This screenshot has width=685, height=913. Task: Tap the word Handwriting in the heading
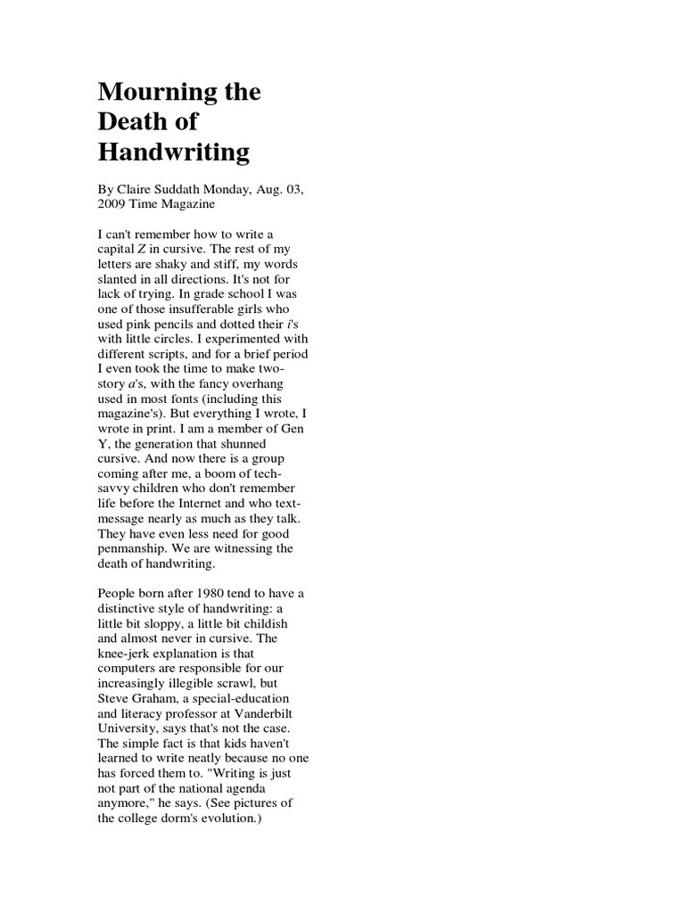pyautogui.click(x=173, y=152)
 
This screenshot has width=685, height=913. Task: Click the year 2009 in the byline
pyautogui.click(x=112, y=203)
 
